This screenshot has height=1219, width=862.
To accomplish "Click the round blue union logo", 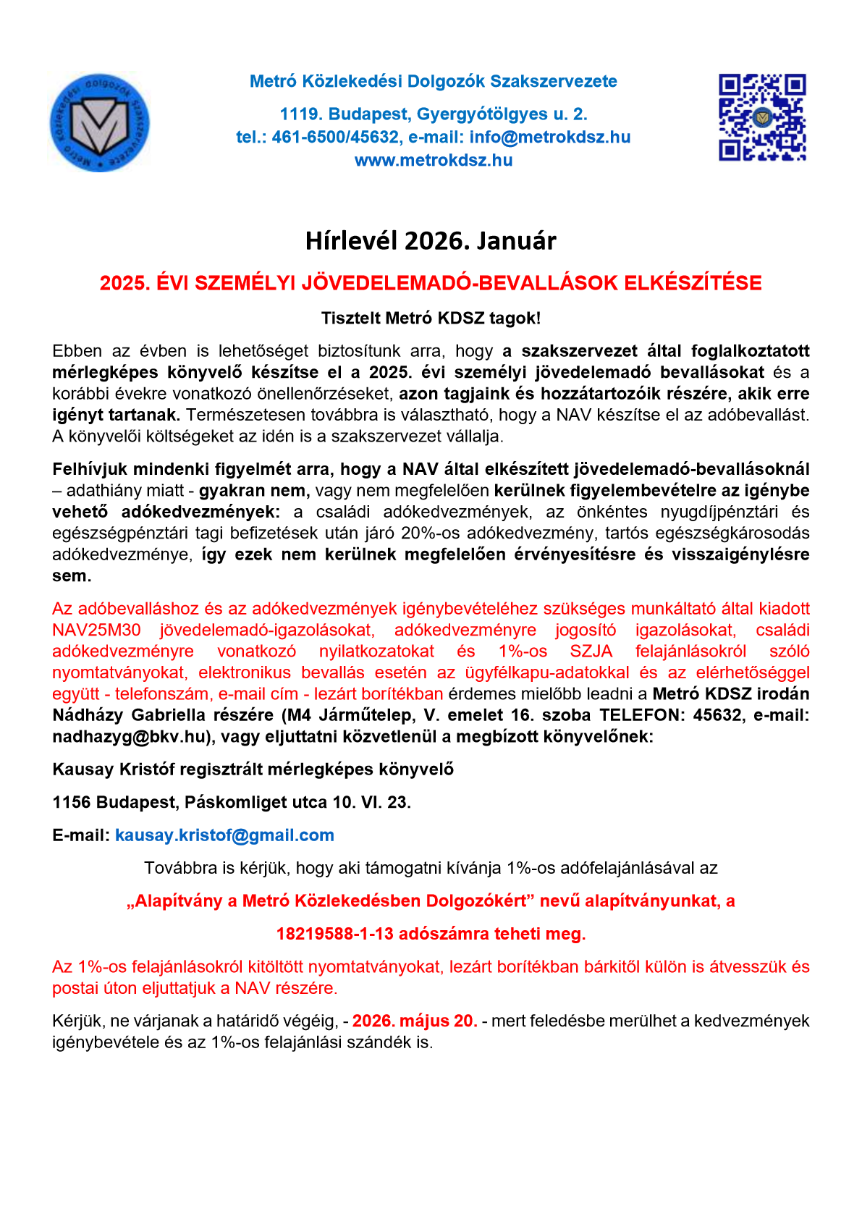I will point(99,122).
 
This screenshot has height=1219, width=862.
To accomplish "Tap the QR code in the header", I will point(761,117).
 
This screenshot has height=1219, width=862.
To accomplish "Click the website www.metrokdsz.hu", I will point(433,161).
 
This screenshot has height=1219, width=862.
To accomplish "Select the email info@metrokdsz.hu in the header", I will point(549,138).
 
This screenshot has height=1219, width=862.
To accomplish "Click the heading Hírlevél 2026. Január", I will point(431,241).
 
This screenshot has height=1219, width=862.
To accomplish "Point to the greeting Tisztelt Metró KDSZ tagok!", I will point(431,318).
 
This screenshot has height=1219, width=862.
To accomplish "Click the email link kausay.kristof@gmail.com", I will point(224,835).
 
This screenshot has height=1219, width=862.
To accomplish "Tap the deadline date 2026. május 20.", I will point(414,1021).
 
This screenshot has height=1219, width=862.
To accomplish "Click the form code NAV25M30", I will point(96,630).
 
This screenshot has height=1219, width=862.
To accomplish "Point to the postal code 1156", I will point(71,802).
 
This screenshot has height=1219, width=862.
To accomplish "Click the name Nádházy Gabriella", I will point(130,715).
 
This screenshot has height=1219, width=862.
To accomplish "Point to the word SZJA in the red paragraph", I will point(591,651).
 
